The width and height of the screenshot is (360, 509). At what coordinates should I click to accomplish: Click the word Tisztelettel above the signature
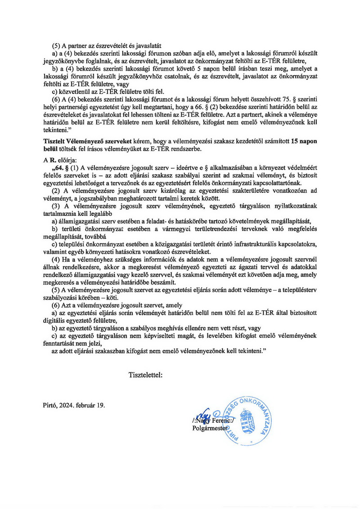tap(145, 374)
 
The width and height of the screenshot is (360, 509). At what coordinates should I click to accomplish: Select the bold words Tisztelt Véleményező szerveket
tap(84, 141)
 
